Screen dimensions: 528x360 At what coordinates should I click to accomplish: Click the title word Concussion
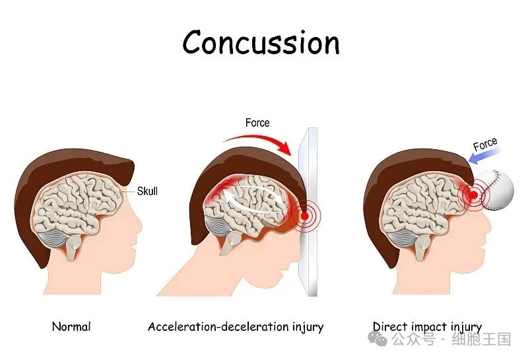coord(261,42)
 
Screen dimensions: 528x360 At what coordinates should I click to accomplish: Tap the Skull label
coord(147,191)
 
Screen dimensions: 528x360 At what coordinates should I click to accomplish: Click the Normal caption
coord(71,326)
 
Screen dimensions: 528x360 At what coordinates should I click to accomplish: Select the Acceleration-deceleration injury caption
coord(236,327)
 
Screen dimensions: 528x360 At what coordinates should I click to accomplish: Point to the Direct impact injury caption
coord(427,327)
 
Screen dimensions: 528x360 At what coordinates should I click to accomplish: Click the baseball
coord(497,190)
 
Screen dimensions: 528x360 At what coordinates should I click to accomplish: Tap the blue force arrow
coord(484,155)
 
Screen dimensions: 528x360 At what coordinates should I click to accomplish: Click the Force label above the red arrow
coord(257,123)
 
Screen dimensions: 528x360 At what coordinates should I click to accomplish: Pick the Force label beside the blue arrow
coord(485,144)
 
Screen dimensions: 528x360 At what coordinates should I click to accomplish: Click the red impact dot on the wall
coord(304,216)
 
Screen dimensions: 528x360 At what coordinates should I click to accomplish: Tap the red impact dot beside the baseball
coord(473,194)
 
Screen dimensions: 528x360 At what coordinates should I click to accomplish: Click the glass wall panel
coord(308,211)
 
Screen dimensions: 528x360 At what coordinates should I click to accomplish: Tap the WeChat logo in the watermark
coord(378,338)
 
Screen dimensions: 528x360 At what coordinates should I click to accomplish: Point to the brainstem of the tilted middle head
coord(231,242)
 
